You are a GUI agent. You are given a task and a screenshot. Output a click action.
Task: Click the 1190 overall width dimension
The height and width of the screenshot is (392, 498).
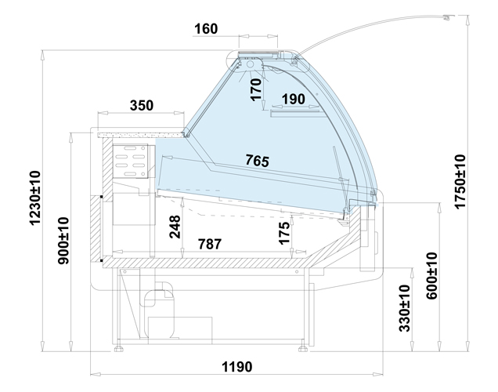(x=237, y=367)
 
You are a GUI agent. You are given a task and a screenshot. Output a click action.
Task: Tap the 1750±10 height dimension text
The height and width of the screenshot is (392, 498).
(x=460, y=182)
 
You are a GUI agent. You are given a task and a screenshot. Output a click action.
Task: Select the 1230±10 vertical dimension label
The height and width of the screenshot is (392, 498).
(x=35, y=198)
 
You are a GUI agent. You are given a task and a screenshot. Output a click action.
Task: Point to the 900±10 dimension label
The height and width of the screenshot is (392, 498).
(x=63, y=241)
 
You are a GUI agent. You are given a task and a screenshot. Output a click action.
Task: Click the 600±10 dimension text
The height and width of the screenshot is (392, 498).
(x=431, y=276)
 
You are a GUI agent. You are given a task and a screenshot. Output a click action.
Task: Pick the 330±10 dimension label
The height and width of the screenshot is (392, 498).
(x=404, y=308)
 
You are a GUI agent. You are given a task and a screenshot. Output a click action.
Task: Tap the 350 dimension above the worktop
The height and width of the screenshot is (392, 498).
(x=141, y=105)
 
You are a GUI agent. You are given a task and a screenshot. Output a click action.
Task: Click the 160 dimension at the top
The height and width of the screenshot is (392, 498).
(x=206, y=28)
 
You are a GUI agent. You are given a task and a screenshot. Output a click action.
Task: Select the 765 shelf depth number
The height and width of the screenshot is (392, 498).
(x=258, y=160)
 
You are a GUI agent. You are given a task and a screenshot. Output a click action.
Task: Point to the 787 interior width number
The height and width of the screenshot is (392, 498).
(x=210, y=244)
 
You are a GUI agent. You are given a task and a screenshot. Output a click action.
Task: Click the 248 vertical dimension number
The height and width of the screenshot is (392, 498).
(x=175, y=227)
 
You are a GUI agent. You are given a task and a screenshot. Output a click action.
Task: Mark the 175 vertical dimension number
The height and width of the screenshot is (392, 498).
(x=284, y=233)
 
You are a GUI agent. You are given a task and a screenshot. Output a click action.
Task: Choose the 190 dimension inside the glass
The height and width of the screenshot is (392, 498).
(x=293, y=100)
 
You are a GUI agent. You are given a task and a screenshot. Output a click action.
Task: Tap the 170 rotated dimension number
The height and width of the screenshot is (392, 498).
(x=256, y=90)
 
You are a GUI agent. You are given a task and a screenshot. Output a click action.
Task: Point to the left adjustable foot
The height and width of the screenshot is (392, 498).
(x=119, y=349)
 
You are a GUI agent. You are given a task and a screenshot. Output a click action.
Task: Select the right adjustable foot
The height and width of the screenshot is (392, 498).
(x=303, y=349)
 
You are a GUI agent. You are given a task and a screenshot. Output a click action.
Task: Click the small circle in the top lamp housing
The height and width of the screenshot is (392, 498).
(x=250, y=64)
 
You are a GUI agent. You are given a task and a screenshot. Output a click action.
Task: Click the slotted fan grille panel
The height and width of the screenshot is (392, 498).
(x=131, y=161)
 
